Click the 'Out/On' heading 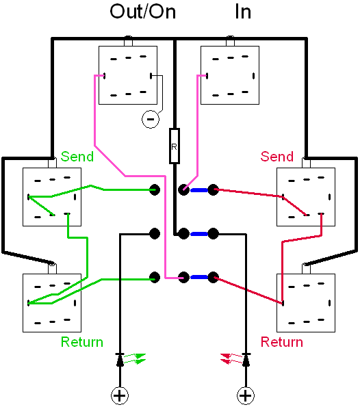142,12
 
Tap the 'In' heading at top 243,12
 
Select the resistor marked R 175,146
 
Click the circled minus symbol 151,119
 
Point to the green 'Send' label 77,157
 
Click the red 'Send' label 277,157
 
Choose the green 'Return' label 82,342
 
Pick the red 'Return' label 282,342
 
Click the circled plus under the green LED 120,396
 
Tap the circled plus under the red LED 246,396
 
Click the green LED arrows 134,358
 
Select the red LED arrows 231,358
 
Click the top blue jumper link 198,190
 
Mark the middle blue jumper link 198,234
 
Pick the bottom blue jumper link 198,278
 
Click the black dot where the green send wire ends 155,189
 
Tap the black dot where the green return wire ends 155,277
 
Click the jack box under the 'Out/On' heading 128,75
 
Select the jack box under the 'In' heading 230,75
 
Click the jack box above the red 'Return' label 306,303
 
